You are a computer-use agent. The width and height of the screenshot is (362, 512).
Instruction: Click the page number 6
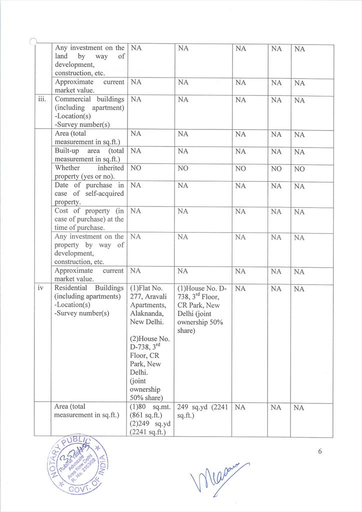(320, 452)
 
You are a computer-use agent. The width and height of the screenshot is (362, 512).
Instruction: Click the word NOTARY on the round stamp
(53, 465)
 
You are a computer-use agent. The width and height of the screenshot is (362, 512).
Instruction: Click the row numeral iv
(41, 288)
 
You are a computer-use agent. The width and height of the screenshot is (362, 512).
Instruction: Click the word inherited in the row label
(111, 168)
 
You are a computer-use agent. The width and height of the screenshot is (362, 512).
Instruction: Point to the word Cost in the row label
(62, 211)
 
